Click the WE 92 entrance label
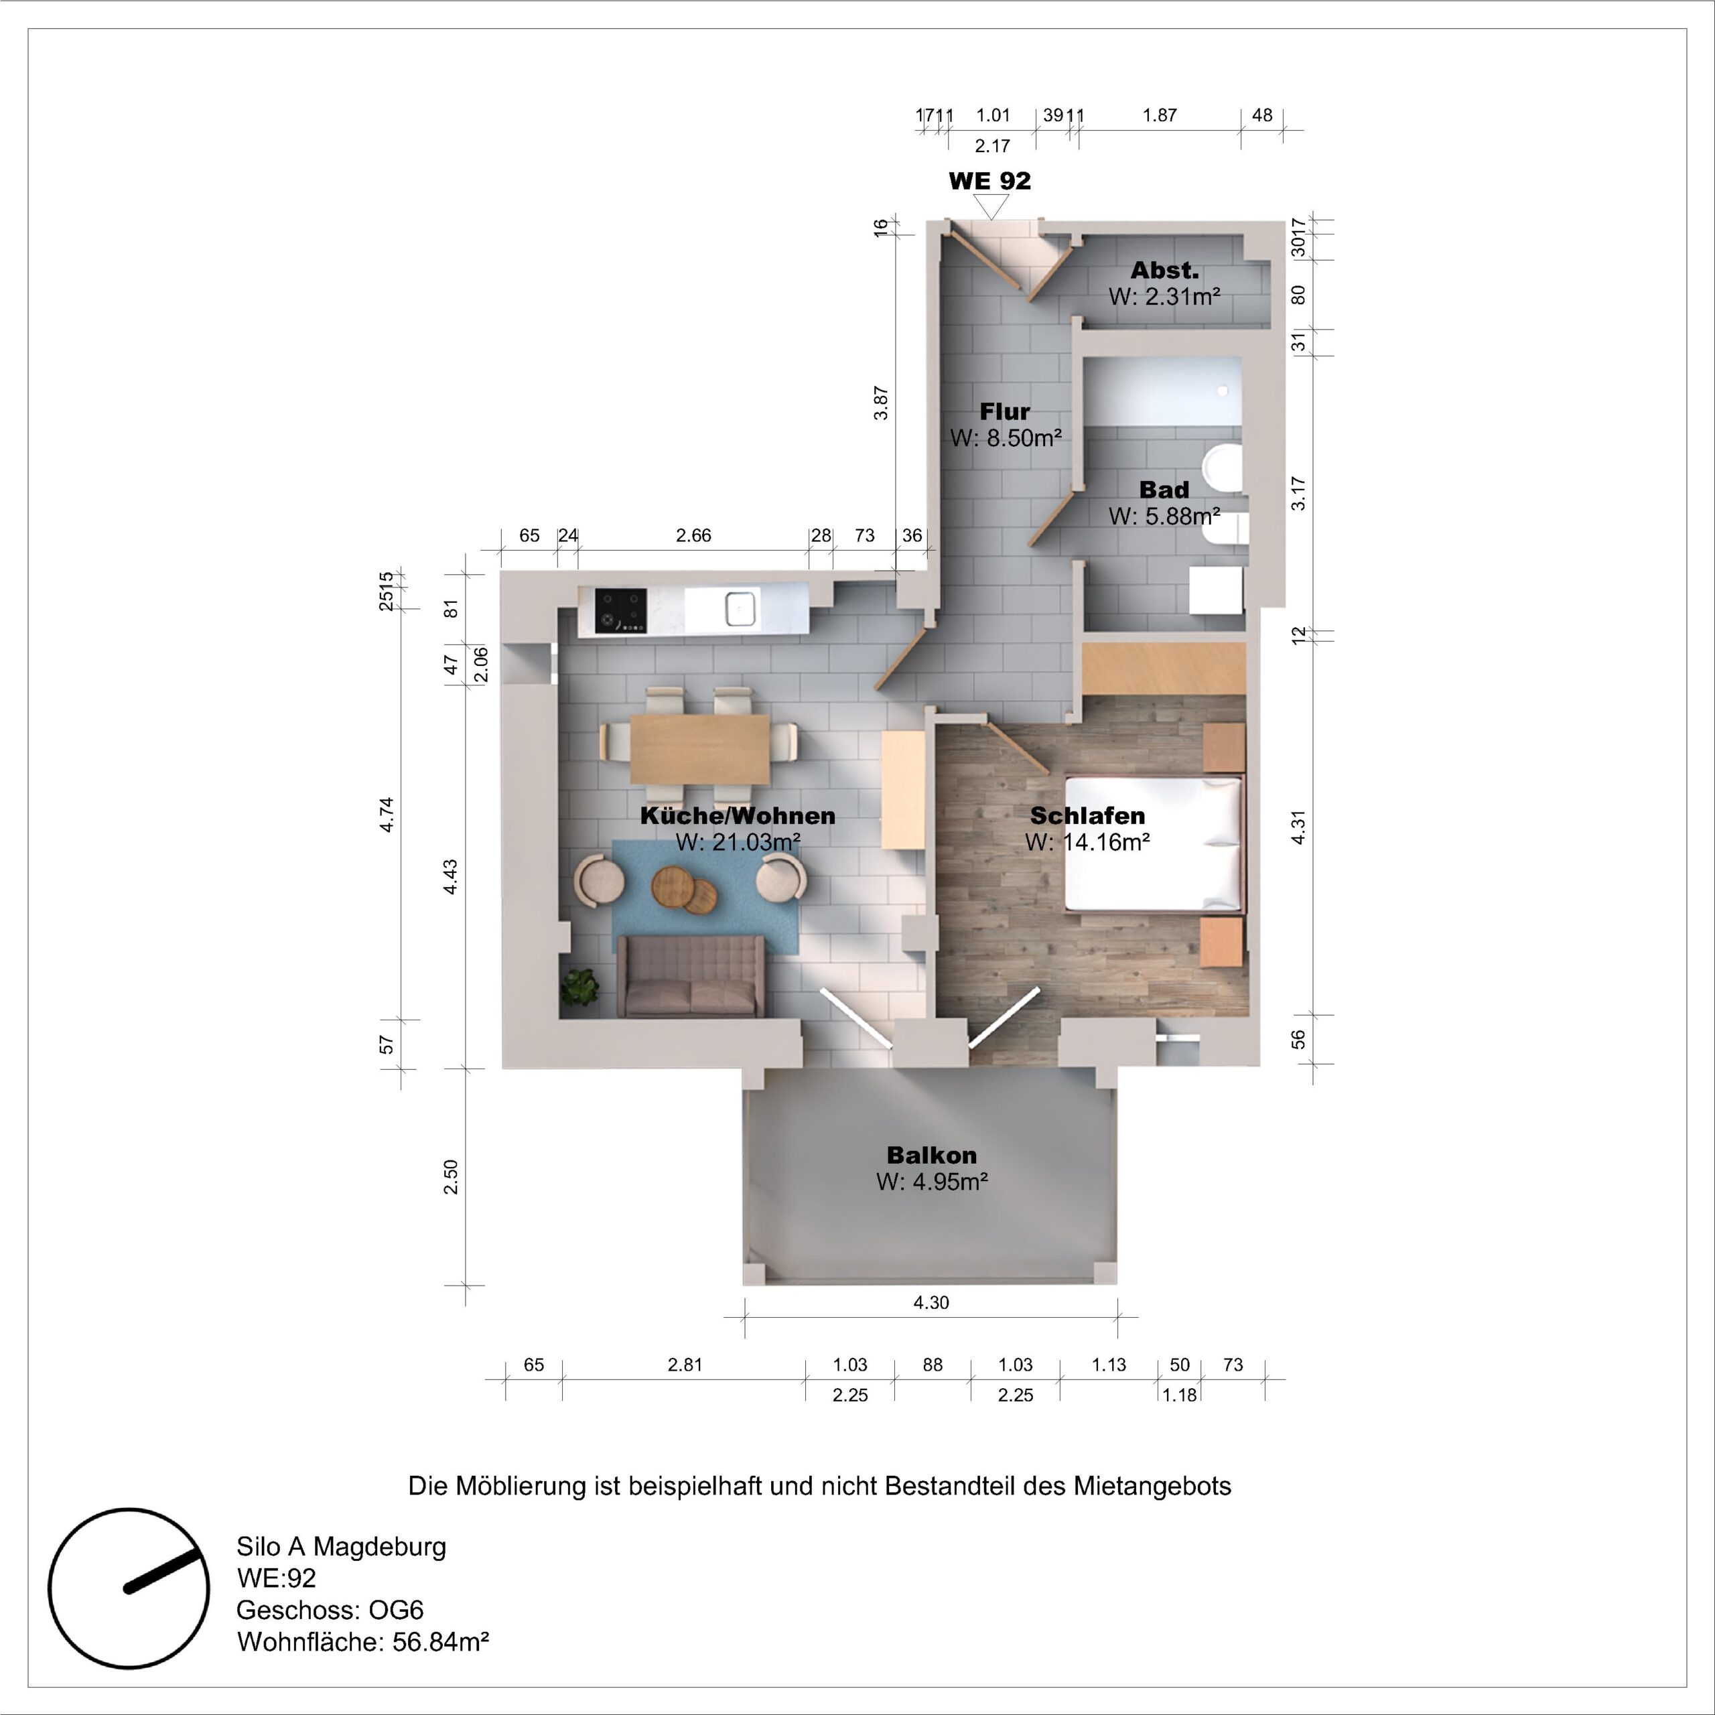[x=989, y=181]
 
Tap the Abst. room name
[x=1164, y=271]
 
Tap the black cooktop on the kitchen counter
[x=620, y=611]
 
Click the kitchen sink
[x=740, y=608]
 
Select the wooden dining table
[x=699, y=749]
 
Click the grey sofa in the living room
[x=690, y=977]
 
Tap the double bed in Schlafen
[x=1152, y=844]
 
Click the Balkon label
[x=931, y=1155]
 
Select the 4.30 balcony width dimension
[x=931, y=1302]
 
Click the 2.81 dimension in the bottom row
[x=685, y=1365]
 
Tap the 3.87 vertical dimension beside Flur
[x=880, y=402]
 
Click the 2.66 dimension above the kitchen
[x=693, y=535]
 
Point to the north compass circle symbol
[x=129, y=1588]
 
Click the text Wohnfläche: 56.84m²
[x=362, y=1642]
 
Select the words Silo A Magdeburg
[x=341, y=1546]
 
